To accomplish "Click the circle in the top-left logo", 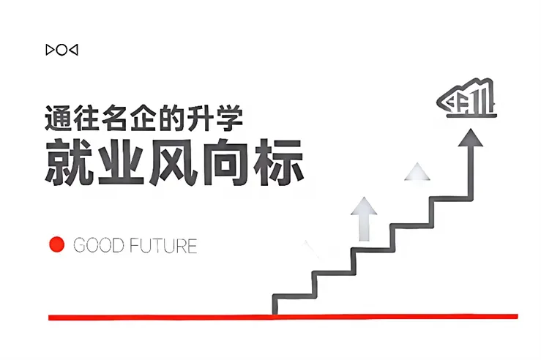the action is click(61, 50).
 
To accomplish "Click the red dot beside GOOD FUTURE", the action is click(56, 244).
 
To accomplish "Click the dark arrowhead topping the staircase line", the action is click(471, 137).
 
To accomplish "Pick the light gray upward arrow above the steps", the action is click(363, 216).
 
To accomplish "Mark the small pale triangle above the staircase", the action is click(417, 173).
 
